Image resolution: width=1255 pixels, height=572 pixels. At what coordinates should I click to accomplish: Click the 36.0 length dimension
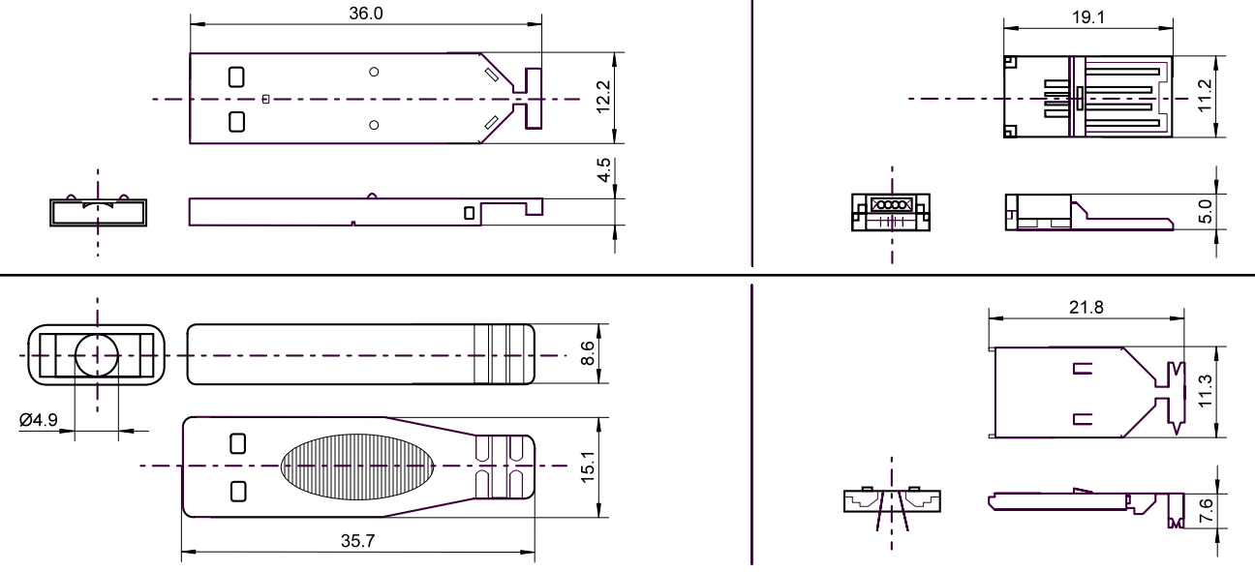tap(366, 14)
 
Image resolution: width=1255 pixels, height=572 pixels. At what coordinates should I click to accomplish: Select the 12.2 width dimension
tap(603, 97)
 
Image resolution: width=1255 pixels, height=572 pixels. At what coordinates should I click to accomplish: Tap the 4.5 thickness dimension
tap(603, 169)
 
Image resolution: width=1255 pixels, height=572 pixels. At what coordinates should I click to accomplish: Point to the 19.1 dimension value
tap(1088, 17)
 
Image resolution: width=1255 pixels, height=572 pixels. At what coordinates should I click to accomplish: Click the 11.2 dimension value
tap(1205, 96)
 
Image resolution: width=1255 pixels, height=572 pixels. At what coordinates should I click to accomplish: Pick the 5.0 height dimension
tap(1206, 211)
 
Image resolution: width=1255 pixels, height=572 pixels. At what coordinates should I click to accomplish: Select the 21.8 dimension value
tap(1087, 307)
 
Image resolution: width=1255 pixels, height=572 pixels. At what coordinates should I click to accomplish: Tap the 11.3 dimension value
tap(1205, 391)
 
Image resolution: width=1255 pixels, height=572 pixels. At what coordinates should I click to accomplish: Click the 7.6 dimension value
tap(1206, 510)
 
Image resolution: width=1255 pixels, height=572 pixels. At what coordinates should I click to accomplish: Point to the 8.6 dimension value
tap(587, 353)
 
